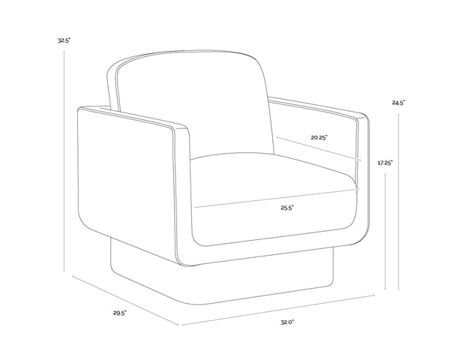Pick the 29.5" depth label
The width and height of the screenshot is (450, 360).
(119, 313)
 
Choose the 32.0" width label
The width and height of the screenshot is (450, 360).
(287, 322)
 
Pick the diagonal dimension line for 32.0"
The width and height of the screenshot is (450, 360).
(277, 311)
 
